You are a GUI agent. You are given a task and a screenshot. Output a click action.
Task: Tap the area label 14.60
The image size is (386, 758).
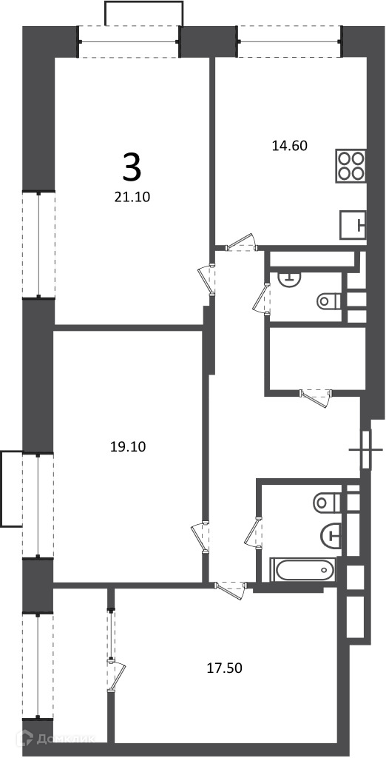click(290, 146)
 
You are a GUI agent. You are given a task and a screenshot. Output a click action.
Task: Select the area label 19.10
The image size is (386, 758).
click(127, 446)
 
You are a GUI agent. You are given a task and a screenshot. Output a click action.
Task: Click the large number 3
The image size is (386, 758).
click(132, 167)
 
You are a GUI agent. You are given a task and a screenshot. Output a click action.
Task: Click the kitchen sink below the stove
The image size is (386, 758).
click(353, 225)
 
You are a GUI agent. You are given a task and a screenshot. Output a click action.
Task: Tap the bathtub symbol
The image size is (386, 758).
click(303, 571)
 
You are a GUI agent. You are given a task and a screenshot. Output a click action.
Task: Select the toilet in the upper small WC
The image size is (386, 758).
click(329, 302)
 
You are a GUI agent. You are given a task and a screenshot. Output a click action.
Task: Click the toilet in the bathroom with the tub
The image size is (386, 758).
click(328, 503)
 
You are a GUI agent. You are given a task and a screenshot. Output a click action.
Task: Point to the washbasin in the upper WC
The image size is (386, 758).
click(290, 278)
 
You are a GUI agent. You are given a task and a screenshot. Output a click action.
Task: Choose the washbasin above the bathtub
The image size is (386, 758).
click(331, 535)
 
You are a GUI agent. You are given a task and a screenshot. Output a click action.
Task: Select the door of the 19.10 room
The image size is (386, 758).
click(200, 537)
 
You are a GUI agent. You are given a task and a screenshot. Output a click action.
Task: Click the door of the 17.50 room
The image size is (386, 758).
click(231, 590)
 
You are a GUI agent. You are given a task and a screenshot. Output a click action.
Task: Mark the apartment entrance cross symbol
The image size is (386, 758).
click(366, 449)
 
